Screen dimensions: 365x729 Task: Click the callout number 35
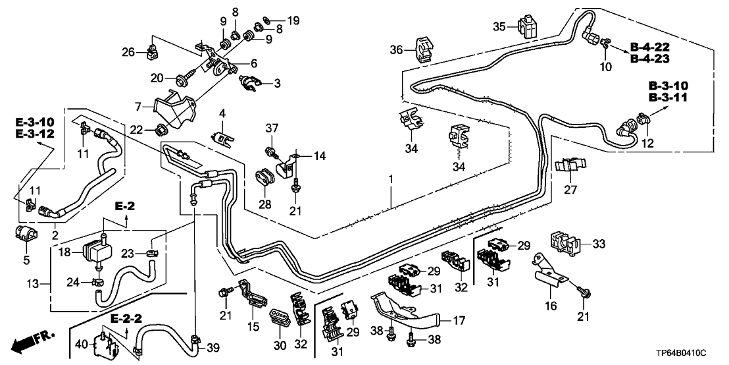tap(499, 26)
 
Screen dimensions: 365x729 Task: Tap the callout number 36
tap(395, 50)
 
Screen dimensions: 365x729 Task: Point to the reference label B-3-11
tap(677, 98)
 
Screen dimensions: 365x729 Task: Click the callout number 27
tap(570, 190)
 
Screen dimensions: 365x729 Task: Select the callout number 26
tap(128, 51)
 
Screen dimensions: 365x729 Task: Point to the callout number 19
tap(293, 21)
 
